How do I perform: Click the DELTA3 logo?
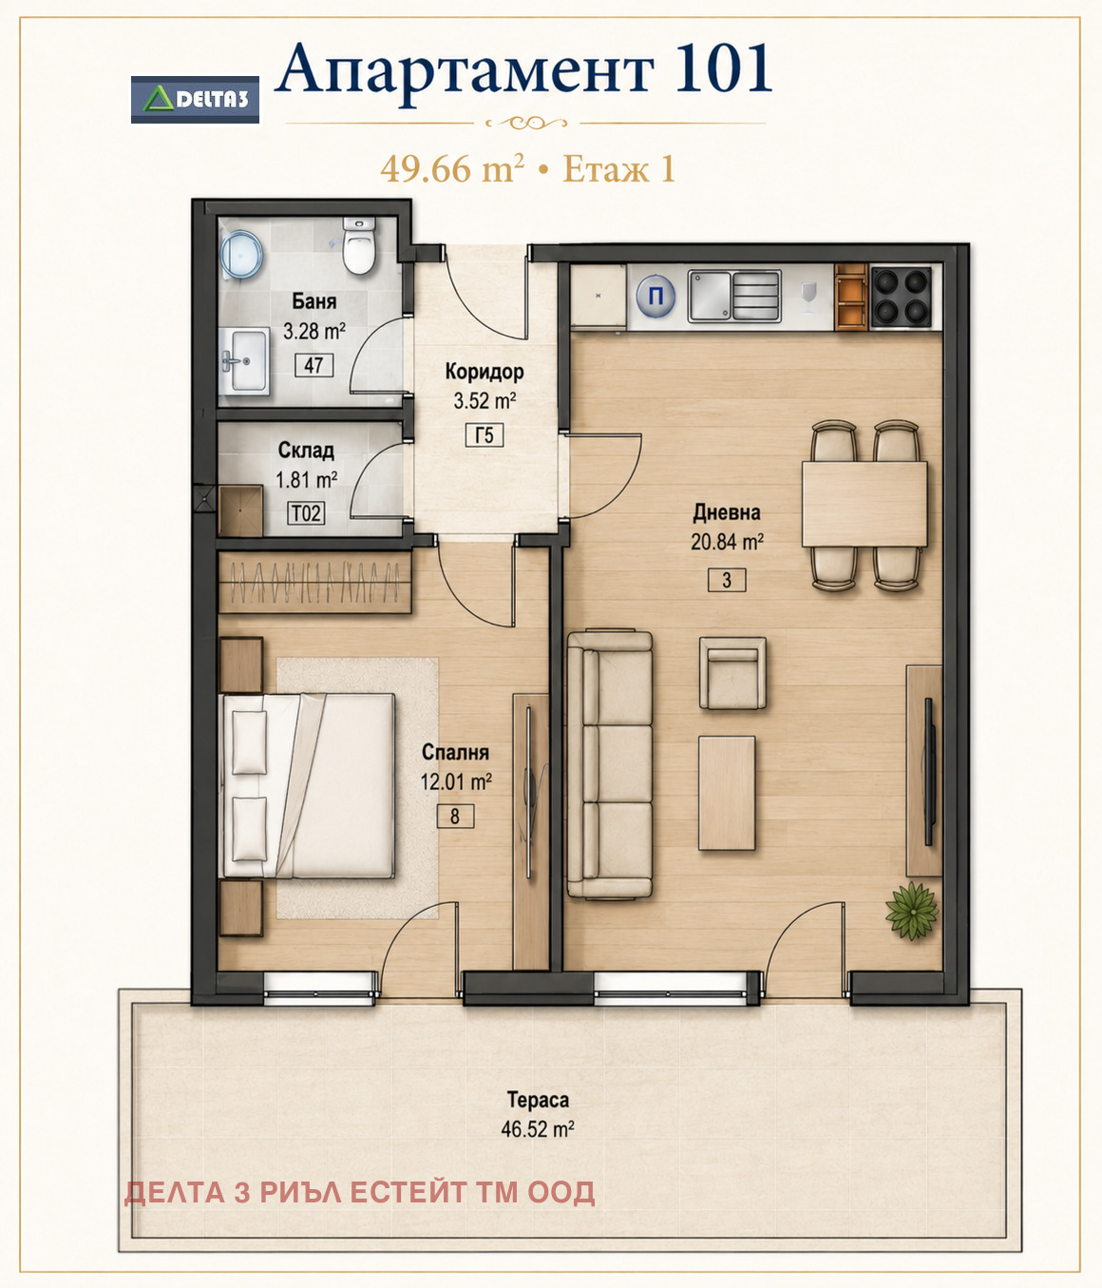point(195,100)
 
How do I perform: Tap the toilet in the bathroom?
point(359,245)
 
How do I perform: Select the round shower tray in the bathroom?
point(241,255)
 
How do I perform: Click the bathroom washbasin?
point(245,361)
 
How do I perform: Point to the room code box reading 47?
point(313,365)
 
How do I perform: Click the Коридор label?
point(484,372)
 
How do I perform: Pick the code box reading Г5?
point(484,435)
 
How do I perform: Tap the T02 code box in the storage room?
point(306,513)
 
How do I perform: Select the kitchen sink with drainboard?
point(734,296)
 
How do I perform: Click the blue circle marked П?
point(655,296)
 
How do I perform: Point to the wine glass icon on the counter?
point(807,298)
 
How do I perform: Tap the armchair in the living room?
point(732,673)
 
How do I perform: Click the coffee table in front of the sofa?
point(727,793)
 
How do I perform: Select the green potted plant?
point(912,911)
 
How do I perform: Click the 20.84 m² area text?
point(727,542)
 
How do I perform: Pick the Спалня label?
point(455,752)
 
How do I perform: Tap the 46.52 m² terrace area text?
point(538,1129)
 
